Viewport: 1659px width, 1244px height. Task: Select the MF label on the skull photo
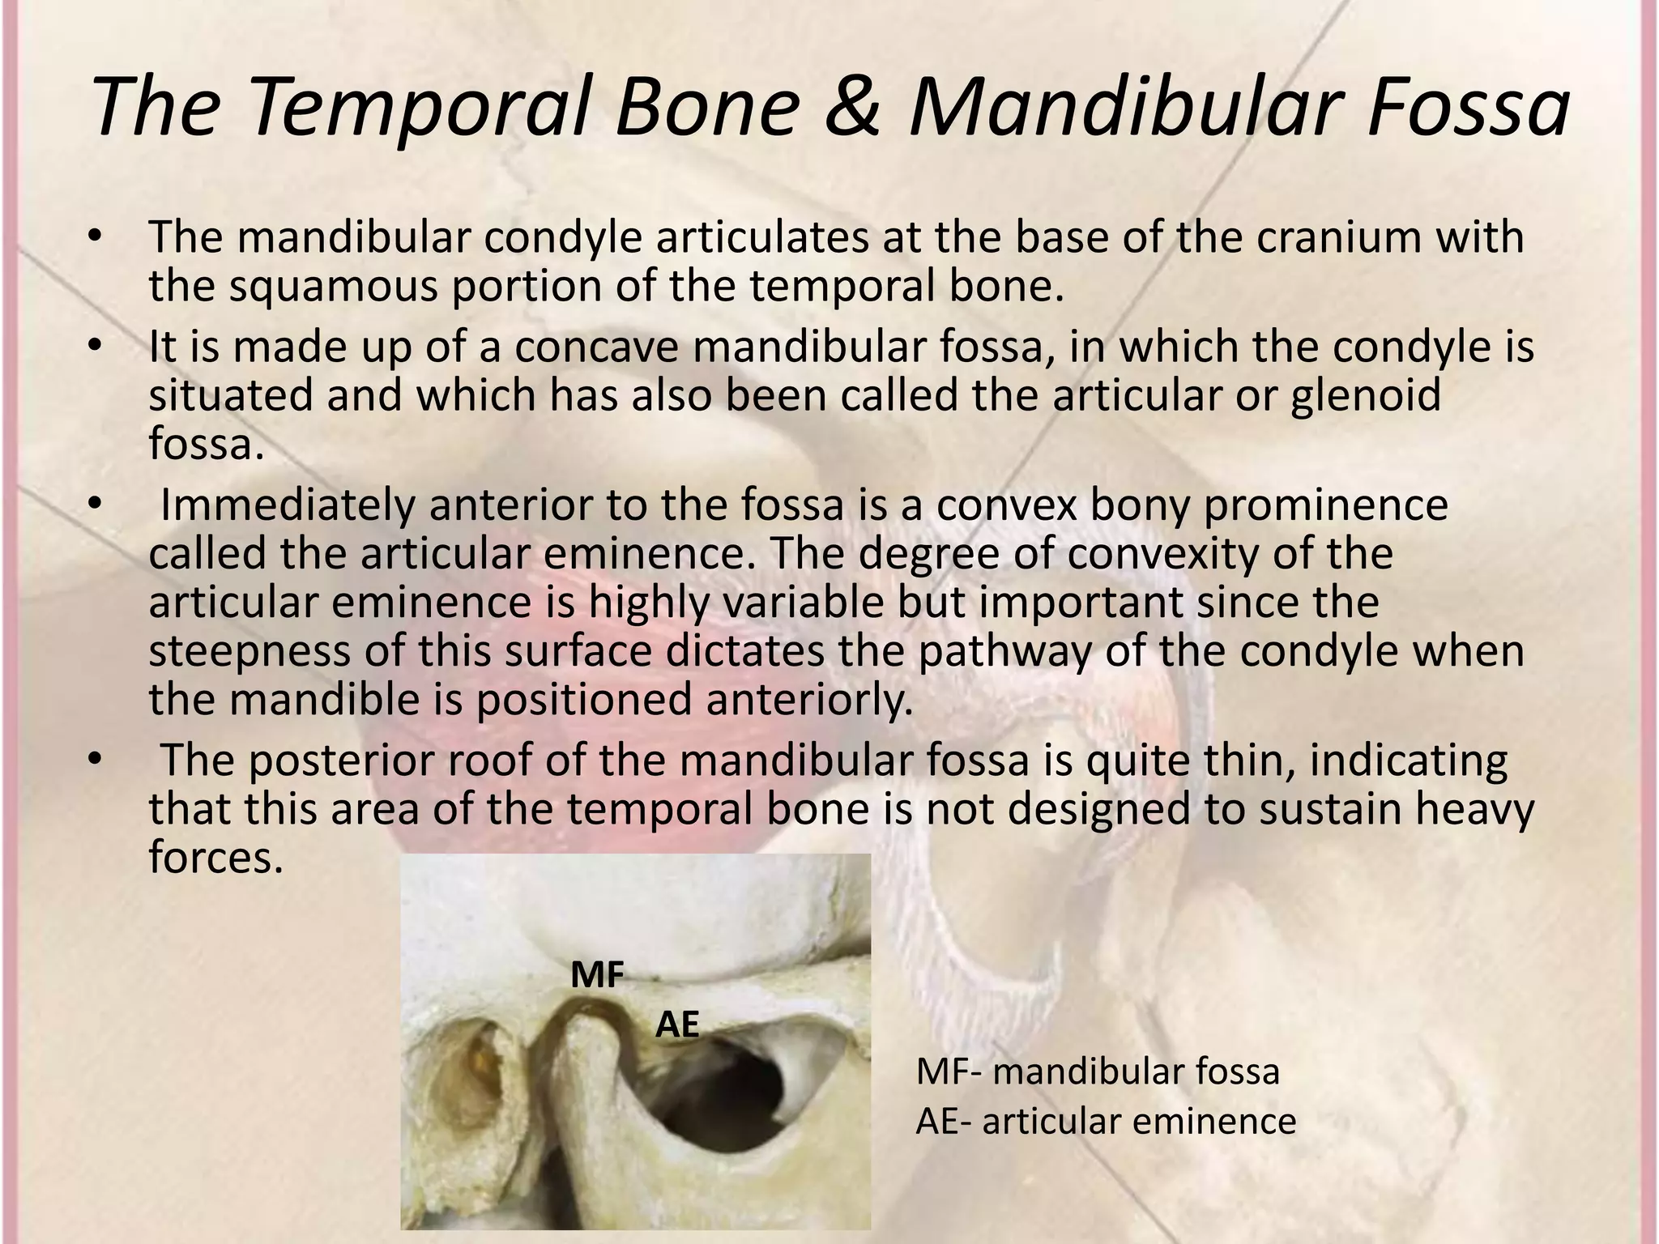(x=597, y=975)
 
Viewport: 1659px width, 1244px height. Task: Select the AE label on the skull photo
(x=677, y=1025)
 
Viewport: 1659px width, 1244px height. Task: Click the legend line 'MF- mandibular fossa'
(x=1098, y=1071)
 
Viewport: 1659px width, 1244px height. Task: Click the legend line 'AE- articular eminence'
(x=1106, y=1122)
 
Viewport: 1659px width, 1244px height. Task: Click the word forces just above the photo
(x=215, y=858)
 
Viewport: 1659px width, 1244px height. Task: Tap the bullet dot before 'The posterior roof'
(x=95, y=761)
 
